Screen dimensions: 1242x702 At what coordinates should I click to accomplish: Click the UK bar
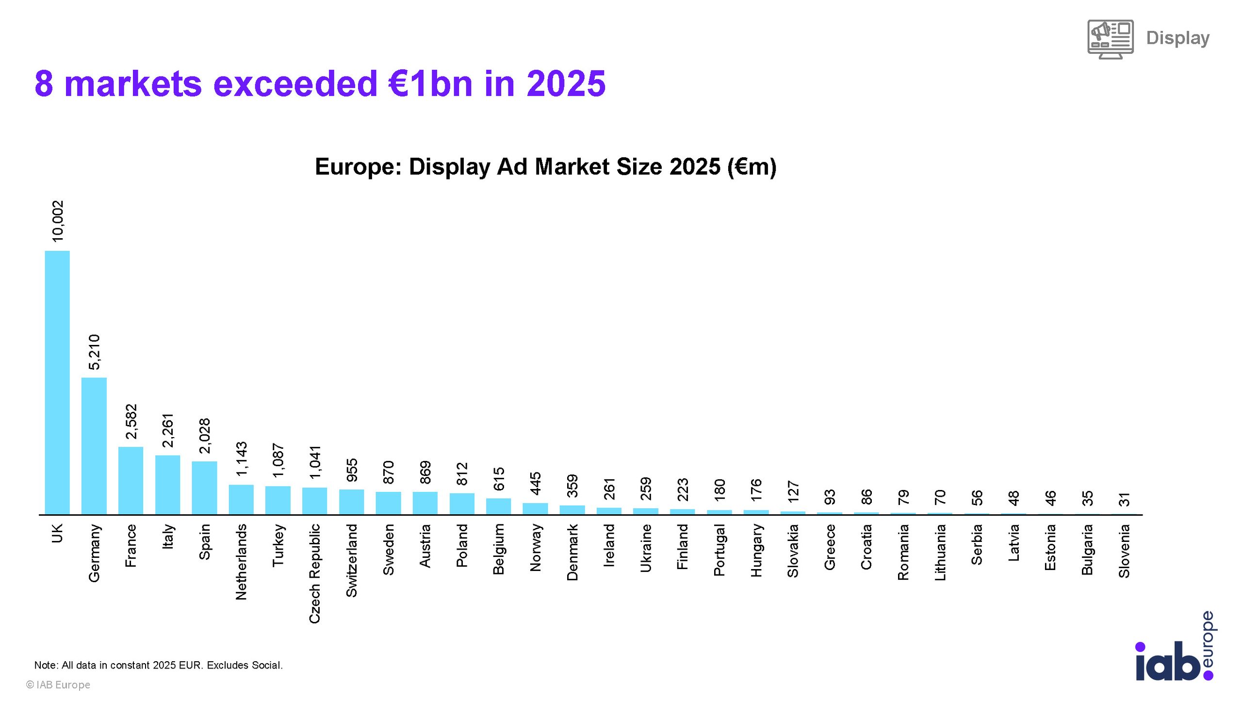[57, 382]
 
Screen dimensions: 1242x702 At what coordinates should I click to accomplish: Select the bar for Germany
[94, 446]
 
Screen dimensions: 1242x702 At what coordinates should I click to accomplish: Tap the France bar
[131, 480]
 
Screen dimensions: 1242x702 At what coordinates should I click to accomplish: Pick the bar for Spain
[204, 488]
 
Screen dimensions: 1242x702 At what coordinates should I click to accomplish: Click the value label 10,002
[58, 221]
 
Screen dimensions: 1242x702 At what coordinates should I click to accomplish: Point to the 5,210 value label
[95, 352]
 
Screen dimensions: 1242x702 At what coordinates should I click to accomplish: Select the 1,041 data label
[315, 462]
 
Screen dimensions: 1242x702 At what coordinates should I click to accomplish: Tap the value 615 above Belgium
[499, 479]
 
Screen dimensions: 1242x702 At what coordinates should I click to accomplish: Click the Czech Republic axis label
[314, 573]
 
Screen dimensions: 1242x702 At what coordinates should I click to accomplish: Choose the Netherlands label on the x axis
[241, 562]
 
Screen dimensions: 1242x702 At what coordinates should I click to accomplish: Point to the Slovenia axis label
[1124, 551]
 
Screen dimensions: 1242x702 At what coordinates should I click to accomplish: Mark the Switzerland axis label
[351, 560]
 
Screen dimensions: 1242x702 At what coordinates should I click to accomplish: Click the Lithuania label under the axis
[940, 552]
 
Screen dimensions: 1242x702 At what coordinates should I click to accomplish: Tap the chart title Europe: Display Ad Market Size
[546, 167]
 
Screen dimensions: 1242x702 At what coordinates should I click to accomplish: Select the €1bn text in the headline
[430, 83]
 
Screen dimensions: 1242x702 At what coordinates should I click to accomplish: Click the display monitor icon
[1111, 39]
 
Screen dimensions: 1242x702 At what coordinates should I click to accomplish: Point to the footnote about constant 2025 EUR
[158, 665]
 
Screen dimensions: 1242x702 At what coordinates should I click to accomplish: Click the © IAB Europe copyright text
[58, 685]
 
